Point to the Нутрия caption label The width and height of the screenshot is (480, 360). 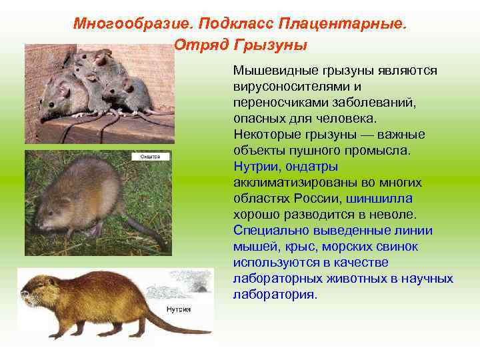179,309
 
